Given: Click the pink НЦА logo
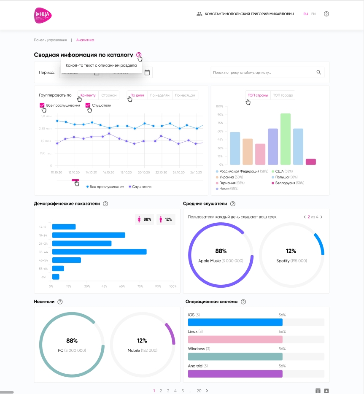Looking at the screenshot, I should click(x=43, y=15).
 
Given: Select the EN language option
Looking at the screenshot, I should click(x=313, y=14).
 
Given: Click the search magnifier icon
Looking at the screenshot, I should click(x=319, y=73).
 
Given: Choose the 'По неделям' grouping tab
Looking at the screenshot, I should click(x=160, y=95).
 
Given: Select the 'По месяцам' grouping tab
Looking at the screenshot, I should click(x=185, y=95).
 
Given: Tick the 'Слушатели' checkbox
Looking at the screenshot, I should click(x=88, y=105).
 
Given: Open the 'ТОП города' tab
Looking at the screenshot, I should click(x=283, y=95).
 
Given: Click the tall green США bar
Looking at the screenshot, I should click(x=286, y=139).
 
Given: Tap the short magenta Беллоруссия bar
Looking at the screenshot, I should click(x=311, y=162).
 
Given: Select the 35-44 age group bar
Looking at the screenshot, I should click(x=99, y=252).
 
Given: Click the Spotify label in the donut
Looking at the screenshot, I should click(x=283, y=261).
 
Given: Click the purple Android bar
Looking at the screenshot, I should click(x=235, y=374).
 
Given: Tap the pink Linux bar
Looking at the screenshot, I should click(x=235, y=340).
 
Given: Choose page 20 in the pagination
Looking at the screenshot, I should click(x=199, y=391).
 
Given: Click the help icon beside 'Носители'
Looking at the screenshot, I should click(x=60, y=302).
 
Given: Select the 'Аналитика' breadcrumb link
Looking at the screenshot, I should click(x=85, y=40).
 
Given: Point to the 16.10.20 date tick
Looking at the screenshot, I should click(x=109, y=173).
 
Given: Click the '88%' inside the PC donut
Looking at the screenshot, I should click(x=72, y=341).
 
